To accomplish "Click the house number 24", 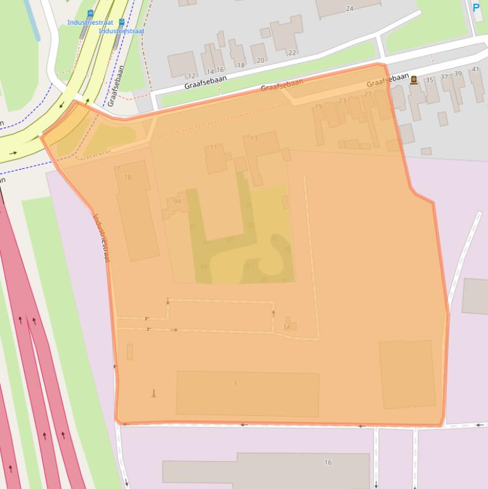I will pos(349,8).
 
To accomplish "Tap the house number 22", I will pos(292,53).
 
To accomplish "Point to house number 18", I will pos(241,65).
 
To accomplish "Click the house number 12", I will pos(192,76).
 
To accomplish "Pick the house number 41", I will pos(475,69).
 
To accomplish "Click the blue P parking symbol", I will pos(477,8).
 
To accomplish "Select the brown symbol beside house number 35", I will pos(414,79).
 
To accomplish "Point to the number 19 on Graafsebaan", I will pos(319,107).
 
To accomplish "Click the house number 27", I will pos(368,94).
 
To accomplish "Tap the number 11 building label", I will pos(213,147).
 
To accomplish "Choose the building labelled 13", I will pos(254,138).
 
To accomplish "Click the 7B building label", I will pos(128,177).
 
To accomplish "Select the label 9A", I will pos(177,201).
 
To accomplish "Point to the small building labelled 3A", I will pos(287,327).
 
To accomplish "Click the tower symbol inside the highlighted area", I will pos(153,394).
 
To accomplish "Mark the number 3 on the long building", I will pos(235,384).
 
